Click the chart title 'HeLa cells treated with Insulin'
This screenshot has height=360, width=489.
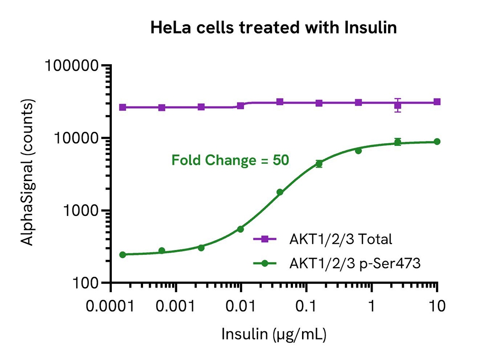(x=273, y=28)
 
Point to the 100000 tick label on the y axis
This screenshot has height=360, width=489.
(x=72, y=66)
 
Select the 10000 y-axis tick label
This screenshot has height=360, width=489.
(x=77, y=138)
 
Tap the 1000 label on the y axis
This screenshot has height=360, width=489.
(x=81, y=211)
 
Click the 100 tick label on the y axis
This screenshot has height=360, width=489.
(x=86, y=283)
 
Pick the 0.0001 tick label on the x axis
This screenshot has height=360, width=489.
(x=110, y=307)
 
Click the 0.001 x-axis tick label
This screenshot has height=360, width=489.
(x=175, y=307)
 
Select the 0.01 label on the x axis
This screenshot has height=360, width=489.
(x=240, y=307)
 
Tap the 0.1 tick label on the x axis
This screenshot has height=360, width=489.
(x=306, y=307)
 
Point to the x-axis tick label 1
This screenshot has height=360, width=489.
(x=371, y=307)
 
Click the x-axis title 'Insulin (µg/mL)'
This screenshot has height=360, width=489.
(x=274, y=334)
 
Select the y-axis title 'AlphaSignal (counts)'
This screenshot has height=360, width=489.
(x=27, y=173)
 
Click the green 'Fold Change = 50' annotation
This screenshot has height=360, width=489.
(x=230, y=160)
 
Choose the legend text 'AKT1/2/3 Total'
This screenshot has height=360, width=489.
(x=340, y=239)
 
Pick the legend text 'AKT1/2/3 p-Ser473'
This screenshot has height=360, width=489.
(x=355, y=263)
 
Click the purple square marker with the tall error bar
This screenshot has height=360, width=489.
(x=398, y=106)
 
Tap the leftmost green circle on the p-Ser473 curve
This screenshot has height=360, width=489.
(x=123, y=254)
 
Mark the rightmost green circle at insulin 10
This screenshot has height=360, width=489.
(x=437, y=142)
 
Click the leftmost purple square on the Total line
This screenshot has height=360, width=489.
(x=123, y=107)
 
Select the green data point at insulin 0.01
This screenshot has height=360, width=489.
(x=240, y=229)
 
